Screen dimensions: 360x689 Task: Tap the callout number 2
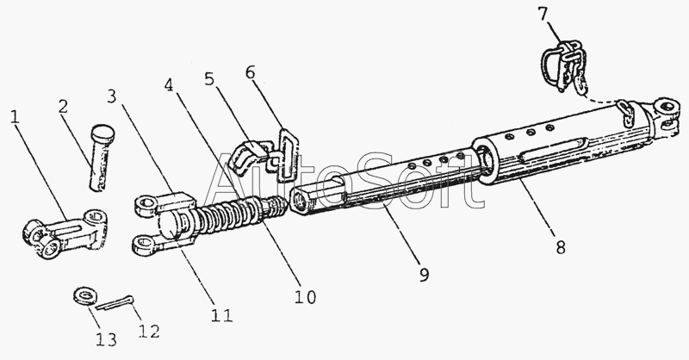point(63,106)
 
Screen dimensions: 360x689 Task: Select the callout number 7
point(566,15)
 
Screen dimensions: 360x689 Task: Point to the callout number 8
point(561,248)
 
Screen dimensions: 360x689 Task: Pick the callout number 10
point(305,297)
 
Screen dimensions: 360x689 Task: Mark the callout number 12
point(148,330)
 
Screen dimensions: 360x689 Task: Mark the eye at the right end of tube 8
point(667,109)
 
